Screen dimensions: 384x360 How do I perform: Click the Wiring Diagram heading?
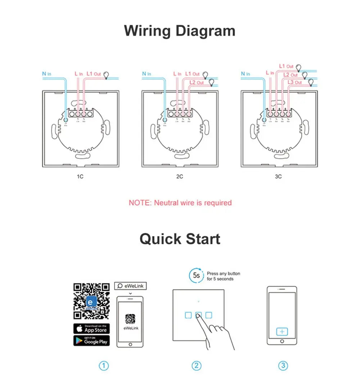click(x=180, y=31)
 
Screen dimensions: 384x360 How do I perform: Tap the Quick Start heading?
click(x=180, y=239)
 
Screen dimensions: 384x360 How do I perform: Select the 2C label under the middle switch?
click(x=179, y=177)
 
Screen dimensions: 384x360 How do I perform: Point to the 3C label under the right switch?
click(x=278, y=177)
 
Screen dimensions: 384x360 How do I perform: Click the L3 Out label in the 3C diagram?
click(x=295, y=82)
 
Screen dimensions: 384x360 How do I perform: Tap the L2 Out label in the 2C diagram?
click(x=197, y=82)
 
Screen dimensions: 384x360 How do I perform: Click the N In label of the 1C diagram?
click(x=46, y=74)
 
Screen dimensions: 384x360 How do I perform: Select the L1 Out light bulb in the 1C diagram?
click(x=107, y=75)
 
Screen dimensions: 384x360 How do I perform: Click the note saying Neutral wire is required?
click(x=180, y=203)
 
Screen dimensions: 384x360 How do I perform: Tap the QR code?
click(x=91, y=301)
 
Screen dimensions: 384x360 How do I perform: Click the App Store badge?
click(x=91, y=328)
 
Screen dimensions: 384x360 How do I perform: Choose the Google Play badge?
click(x=91, y=340)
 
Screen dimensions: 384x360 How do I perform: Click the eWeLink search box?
click(x=130, y=286)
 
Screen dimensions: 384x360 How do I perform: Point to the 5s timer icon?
click(x=196, y=276)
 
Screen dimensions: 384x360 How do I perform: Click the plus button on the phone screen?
click(x=282, y=331)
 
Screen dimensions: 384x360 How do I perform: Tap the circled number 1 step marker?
click(x=104, y=366)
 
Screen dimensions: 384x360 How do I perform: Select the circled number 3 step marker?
click(x=283, y=366)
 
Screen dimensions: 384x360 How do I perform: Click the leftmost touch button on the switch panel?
click(x=188, y=315)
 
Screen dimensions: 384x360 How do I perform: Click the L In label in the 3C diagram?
click(x=270, y=73)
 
